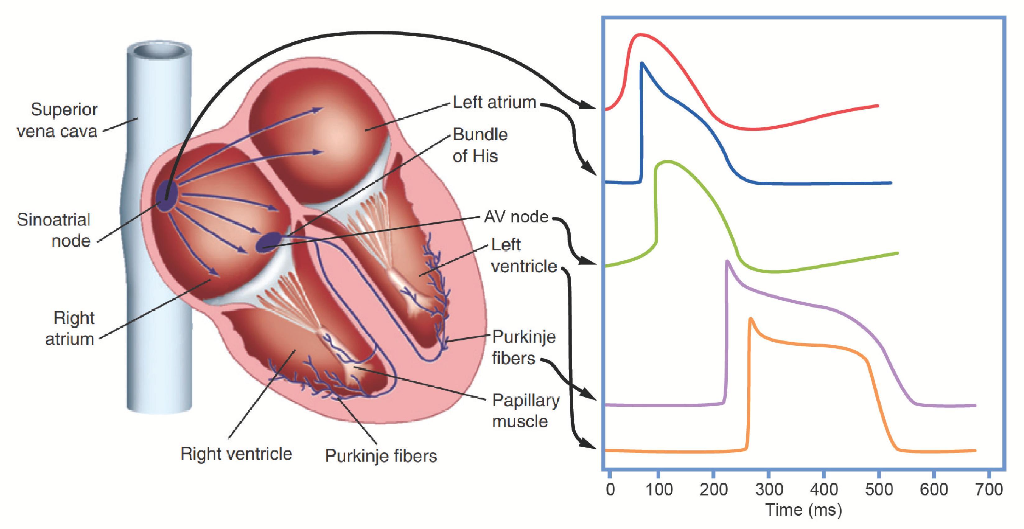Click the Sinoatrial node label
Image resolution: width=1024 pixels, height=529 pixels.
coord(54,230)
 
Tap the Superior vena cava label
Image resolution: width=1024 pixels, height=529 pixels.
coord(58,120)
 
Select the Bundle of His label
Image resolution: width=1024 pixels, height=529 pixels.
coord(480,145)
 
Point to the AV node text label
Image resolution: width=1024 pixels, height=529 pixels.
coord(516,217)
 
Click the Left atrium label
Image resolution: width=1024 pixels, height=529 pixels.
coord(494,103)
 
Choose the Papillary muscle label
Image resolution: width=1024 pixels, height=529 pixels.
coord(526,411)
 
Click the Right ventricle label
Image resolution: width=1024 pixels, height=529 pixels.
coord(236,454)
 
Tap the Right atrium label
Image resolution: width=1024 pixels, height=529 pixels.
coord(70,328)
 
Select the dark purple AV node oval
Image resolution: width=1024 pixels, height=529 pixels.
coord(268,242)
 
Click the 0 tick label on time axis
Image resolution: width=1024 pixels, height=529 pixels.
coord(610,489)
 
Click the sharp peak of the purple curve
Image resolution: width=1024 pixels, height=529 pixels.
coord(727,261)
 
